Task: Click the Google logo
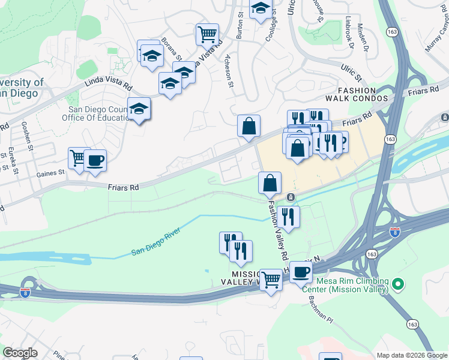click(20, 353)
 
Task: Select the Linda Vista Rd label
click(108, 86)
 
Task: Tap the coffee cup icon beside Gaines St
click(95, 161)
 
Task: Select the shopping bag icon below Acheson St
click(249, 126)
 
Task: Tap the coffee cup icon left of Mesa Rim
click(301, 272)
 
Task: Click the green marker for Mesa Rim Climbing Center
click(397, 281)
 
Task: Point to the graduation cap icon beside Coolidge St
click(261, 8)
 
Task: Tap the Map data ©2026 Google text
click(411, 355)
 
